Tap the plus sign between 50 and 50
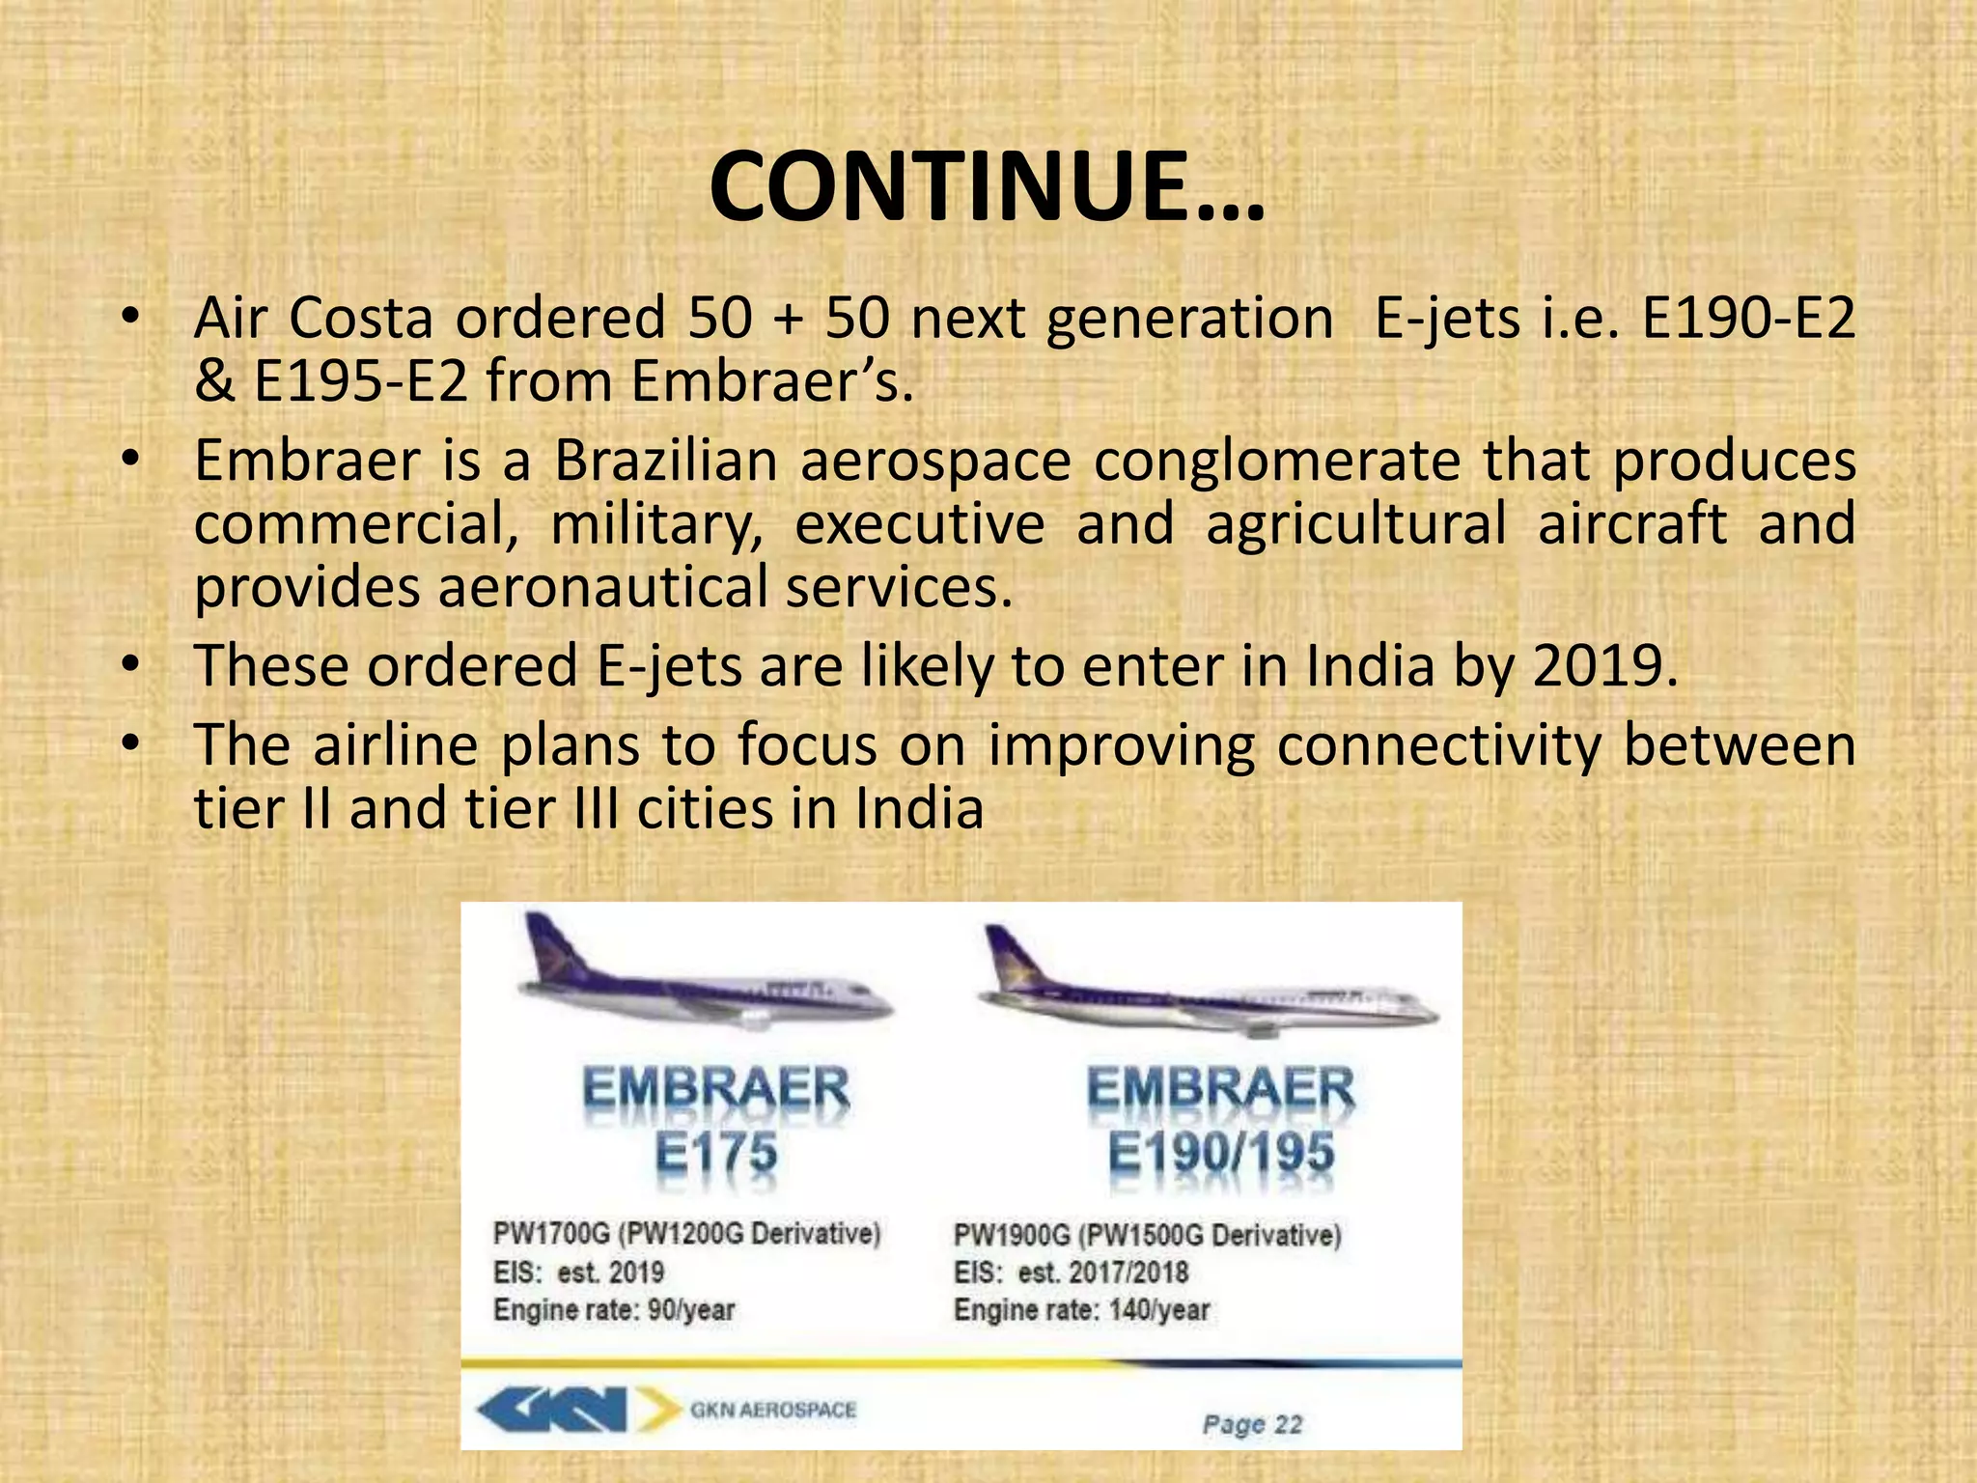(x=788, y=319)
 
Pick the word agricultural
(x=1355, y=523)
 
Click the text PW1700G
(x=551, y=1233)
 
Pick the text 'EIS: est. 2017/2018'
(x=1071, y=1273)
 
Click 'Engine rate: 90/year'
(x=614, y=1310)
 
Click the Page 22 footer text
(x=1252, y=1424)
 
